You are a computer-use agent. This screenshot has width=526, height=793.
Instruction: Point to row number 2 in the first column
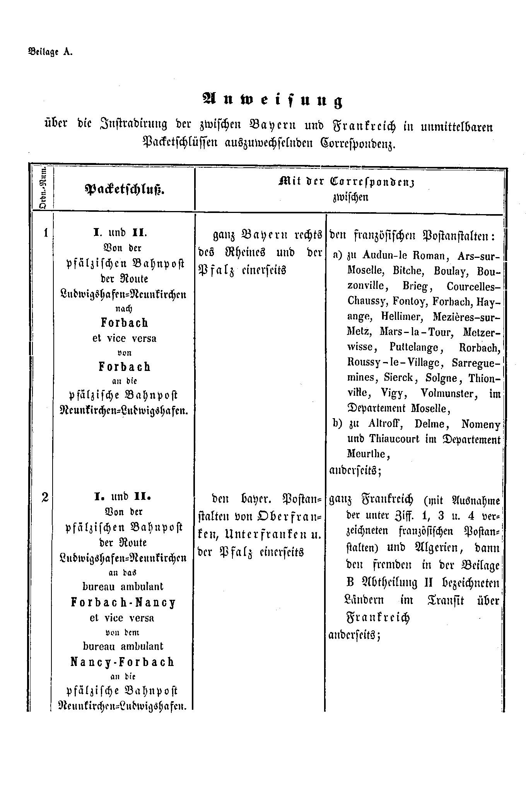click(x=45, y=497)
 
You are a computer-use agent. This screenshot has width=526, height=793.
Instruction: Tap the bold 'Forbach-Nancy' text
click(x=124, y=602)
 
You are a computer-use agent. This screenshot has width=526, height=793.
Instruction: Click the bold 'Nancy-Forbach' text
click(x=123, y=662)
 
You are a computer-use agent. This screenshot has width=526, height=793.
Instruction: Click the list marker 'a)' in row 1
click(x=338, y=256)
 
